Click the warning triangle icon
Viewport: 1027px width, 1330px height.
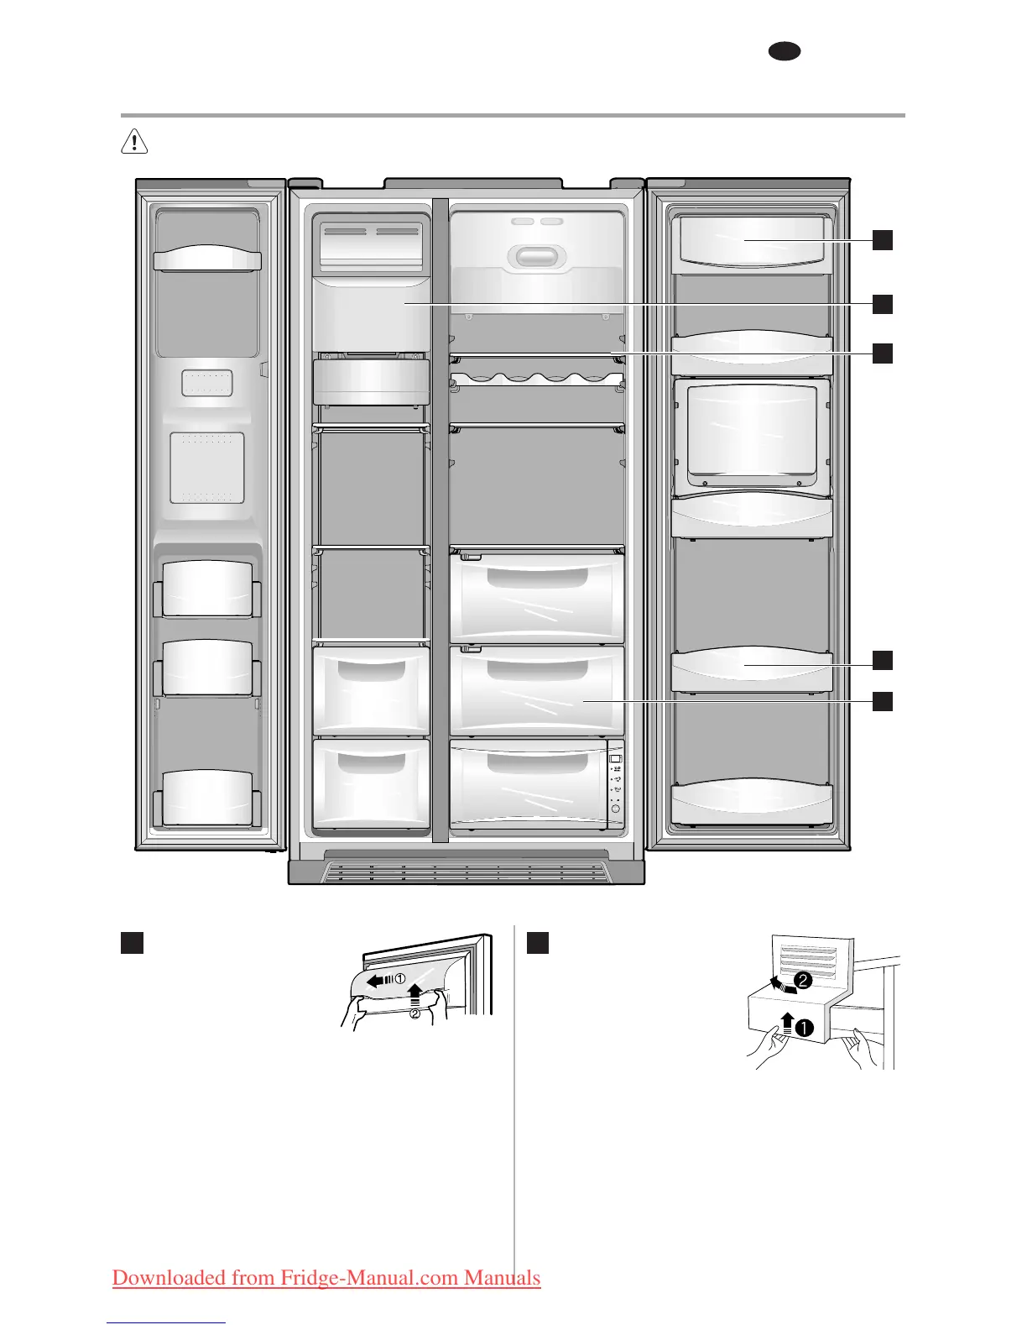(x=134, y=142)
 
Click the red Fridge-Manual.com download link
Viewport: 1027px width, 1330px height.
(x=326, y=1278)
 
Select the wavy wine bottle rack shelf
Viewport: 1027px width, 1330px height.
(x=537, y=377)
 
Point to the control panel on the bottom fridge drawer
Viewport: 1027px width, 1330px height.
(x=615, y=784)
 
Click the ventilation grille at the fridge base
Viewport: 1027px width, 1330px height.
(x=466, y=872)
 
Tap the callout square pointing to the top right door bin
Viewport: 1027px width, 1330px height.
(x=882, y=240)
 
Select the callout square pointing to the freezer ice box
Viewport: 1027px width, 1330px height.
(x=882, y=303)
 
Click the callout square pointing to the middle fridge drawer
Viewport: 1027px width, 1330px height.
(x=882, y=700)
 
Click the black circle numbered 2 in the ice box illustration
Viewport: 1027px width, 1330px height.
(x=804, y=980)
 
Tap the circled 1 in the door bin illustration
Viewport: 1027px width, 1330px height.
(x=400, y=978)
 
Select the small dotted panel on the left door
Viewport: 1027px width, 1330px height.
(x=206, y=383)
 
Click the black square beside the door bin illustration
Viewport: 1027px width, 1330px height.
(x=132, y=942)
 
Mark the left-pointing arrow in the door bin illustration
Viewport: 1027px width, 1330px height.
(x=379, y=979)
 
